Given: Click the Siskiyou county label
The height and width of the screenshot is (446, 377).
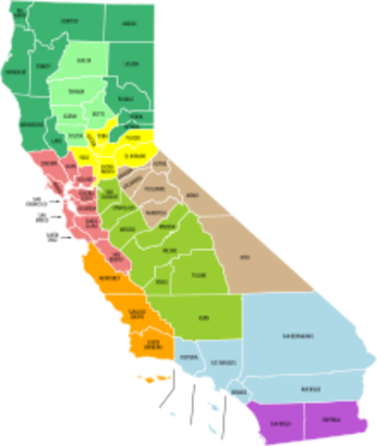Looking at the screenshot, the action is [68, 20].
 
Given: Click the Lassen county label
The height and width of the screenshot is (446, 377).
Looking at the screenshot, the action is [129, 63].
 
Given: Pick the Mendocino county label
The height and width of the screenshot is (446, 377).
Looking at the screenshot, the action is [30, 123].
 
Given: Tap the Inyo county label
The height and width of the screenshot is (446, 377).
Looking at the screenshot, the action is [245, 257].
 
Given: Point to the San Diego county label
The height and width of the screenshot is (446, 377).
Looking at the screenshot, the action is [278, 421].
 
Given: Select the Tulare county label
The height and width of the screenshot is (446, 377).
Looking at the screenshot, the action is [198, 275].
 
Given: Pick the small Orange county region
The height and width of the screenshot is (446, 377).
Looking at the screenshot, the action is [240, 391].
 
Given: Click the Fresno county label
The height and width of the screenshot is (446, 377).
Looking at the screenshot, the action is [169, 251].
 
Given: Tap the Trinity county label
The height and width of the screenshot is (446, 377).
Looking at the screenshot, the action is [42, 65].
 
